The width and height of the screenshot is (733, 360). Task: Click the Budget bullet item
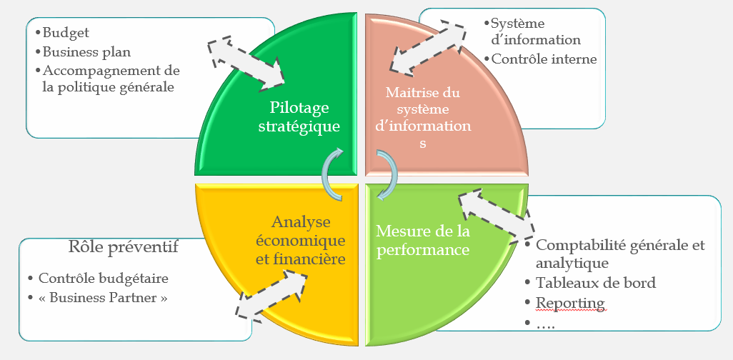66,33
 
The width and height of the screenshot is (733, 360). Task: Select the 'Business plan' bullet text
86,52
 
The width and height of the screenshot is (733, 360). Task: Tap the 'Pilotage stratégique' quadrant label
299,116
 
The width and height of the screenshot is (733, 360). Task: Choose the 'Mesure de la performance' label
423,241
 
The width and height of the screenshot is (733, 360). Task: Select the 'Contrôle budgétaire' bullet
103,279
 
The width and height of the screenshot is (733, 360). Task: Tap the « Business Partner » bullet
103,297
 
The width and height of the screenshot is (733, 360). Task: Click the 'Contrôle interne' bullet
544,59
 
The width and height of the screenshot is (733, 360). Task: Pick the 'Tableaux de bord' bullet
596,284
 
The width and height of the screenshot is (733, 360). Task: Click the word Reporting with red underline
570,304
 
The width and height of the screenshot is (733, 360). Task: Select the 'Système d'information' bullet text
537,32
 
